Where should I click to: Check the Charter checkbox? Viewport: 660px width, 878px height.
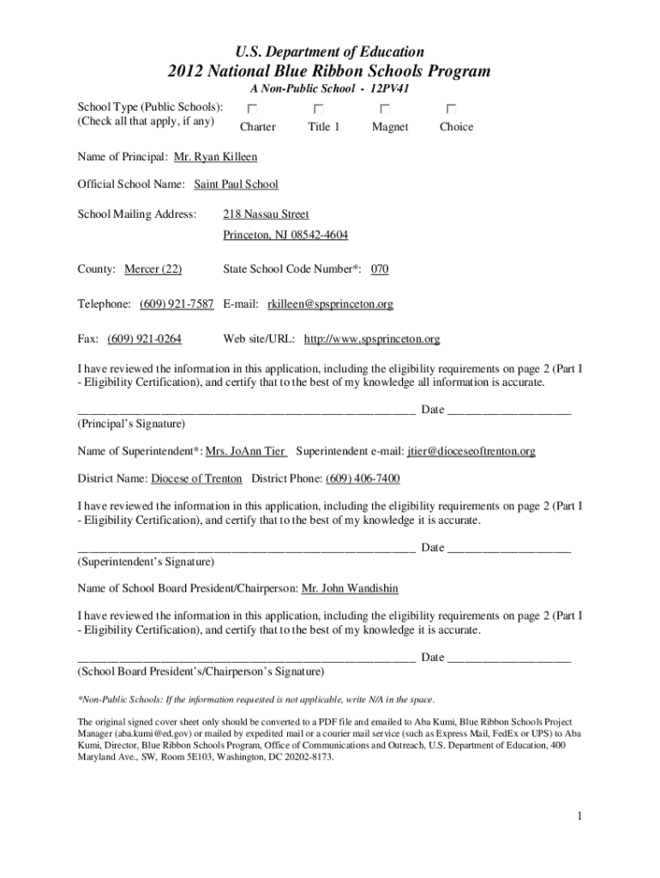point(252,109)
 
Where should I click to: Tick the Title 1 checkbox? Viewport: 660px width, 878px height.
point(318,109)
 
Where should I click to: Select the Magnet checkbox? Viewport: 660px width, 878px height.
point(385,109)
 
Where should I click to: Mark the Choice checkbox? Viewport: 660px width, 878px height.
point(451,109)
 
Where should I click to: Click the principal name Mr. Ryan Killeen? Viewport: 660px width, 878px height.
point(215,157)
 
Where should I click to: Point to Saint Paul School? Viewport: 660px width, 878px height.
point(236,184)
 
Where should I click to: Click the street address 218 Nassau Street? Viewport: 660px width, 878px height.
point(266,214)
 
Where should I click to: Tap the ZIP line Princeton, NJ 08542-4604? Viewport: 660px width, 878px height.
point(285,235)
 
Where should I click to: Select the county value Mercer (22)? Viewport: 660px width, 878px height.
point(153,269)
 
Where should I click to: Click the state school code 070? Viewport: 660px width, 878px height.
point(380,269)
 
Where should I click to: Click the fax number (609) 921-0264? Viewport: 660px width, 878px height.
point(144,339)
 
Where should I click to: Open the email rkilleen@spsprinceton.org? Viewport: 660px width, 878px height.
point(330,304)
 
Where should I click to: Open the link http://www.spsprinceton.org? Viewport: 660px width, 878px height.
point(372,339)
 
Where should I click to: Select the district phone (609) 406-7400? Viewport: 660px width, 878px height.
point(363,478)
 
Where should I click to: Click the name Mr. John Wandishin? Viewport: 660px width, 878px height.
point(350,588)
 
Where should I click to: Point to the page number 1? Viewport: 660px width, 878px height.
point(579,815)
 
